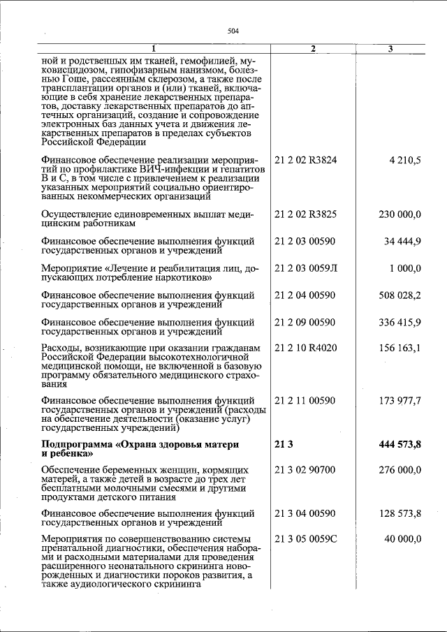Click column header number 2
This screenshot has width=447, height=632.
click(x=314, y=48)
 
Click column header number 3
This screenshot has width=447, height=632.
click(x=391, y=48)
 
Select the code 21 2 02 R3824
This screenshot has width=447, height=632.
click(x=307, y=161)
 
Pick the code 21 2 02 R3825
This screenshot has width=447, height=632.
click(x=307, y=214)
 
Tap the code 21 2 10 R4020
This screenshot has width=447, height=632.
click(x=306, y=347)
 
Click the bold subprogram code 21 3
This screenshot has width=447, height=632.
click(x=283, y=444)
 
